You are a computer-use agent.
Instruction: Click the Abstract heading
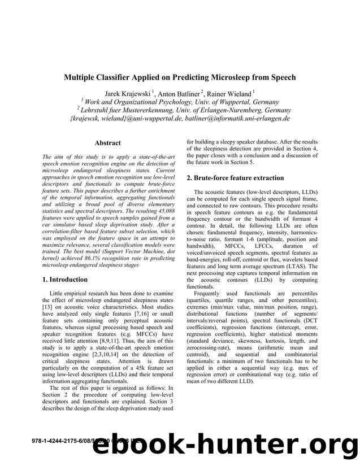[107, 143]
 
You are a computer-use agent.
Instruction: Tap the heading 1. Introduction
[65, 279]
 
